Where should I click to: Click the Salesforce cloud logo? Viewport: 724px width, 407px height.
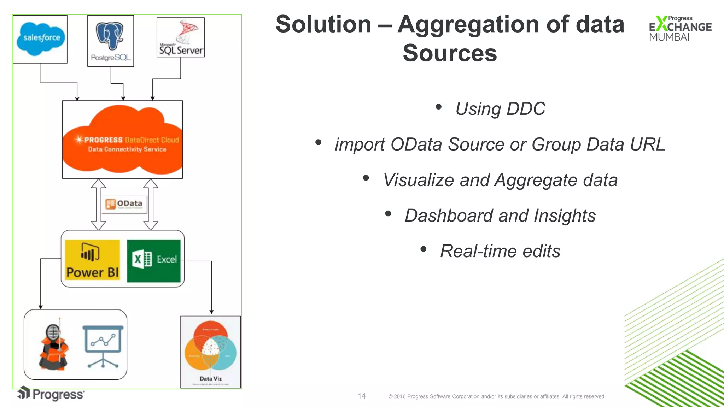pos(41,39)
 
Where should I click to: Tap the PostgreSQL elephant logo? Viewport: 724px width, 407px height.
pos(110,36)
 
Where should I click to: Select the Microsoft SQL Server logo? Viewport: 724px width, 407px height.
pos(181,38)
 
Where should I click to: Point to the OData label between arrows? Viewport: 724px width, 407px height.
pos(124,204)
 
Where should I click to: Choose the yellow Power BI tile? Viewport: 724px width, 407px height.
pos(92,260)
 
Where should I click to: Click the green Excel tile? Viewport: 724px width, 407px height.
pos(154,261)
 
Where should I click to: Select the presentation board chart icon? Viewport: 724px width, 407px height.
pos(103,346)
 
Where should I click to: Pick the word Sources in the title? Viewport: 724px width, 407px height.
pos(450,53)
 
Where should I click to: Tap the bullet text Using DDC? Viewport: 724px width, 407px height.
pos(500,108)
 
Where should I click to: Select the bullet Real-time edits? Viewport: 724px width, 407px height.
pos(500,251)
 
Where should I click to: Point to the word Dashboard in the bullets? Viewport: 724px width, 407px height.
pos(449,216)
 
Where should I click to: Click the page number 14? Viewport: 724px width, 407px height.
pos(362,396)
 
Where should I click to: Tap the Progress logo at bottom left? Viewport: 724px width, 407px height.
pos(52,394)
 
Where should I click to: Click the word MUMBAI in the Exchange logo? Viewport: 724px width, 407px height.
pos(669,37)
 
